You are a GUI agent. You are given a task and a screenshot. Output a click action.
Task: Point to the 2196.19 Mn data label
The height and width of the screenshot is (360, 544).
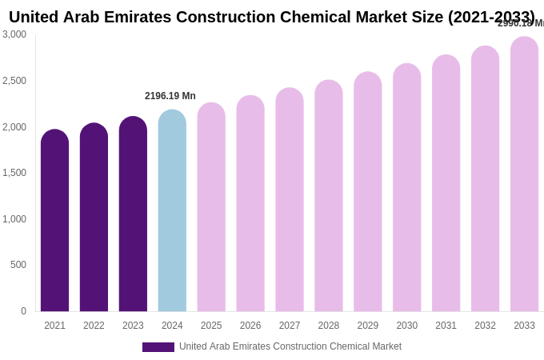[170, 96]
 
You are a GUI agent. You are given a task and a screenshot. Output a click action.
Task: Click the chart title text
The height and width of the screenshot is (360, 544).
[271, 17]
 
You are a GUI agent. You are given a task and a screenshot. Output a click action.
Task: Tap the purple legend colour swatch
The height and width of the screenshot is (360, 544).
[158, 347]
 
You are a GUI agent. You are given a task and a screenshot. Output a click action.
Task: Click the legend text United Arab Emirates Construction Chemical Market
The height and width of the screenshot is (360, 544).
[290, 346]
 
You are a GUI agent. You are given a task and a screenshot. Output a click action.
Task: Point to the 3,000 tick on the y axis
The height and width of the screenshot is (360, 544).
[14, 34]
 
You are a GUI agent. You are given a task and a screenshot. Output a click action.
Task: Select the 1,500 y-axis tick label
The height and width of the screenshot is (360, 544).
[14, 173]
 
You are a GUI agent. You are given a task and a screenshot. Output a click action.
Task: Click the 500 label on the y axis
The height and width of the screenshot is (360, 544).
[18, 265]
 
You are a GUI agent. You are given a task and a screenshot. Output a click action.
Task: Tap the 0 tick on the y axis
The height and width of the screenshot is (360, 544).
[23, 311]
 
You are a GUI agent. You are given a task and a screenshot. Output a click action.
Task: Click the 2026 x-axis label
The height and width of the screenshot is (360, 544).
[250, 326]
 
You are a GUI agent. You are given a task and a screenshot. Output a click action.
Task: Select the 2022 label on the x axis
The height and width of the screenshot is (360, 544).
[94, 326]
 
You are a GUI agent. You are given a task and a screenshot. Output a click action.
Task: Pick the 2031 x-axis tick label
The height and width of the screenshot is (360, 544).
[446, 326]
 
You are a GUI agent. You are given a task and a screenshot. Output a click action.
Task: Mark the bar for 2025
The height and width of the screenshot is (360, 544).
[211, 207]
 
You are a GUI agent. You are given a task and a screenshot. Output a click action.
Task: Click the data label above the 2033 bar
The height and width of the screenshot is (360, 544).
[521, 24]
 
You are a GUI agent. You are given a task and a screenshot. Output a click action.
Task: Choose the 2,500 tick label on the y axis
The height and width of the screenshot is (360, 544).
[14, 81]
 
